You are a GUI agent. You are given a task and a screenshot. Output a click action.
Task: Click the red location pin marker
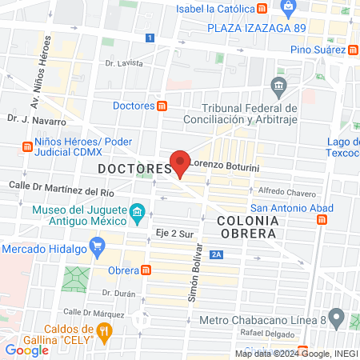[x=181, y=162]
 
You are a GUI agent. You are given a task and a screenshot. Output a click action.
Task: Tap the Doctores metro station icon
[x=162, y=106]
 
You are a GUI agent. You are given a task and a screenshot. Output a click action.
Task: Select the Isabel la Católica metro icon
[x=263, y=9]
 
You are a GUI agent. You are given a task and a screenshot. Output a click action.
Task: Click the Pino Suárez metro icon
[x=352, y=50]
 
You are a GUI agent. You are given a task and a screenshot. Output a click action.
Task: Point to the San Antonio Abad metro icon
[x=322, y=220]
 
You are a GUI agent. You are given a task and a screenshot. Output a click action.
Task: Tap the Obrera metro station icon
[x=146, y=270]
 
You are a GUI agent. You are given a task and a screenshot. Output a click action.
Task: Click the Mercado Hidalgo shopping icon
[x=98, y=244]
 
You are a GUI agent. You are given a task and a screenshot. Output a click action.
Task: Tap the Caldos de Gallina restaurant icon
[x=103, y=330]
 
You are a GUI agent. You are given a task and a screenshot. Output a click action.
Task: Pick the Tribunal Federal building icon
[x=278, y=86]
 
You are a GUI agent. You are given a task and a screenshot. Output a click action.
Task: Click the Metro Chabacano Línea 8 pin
[x=336, y=321]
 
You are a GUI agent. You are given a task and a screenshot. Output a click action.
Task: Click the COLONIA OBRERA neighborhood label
[x=247, y=226]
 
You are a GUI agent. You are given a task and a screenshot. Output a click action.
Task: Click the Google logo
[x=26, y=350]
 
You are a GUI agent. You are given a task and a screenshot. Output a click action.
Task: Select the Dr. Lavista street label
[x=124, y=62]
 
